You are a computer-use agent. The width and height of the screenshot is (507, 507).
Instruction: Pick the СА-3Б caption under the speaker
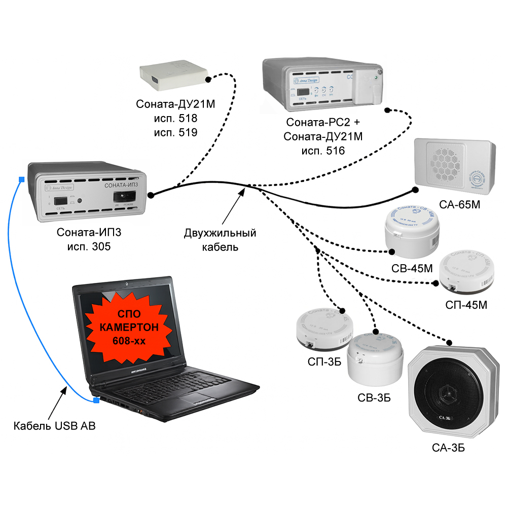(x=448, y=448)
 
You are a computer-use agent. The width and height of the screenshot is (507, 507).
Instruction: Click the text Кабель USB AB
(x=54, y=426)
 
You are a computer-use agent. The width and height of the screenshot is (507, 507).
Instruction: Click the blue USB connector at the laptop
(x=95, y=401)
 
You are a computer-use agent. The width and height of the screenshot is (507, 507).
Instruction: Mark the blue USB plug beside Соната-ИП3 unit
(x=21, y=179)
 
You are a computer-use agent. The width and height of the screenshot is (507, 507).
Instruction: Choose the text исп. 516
(x=322, y=151)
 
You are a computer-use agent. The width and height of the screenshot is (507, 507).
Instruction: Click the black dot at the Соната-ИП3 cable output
(x=151, y=195)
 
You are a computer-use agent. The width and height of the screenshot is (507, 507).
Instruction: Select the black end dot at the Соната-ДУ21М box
(x=207, y=80)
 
